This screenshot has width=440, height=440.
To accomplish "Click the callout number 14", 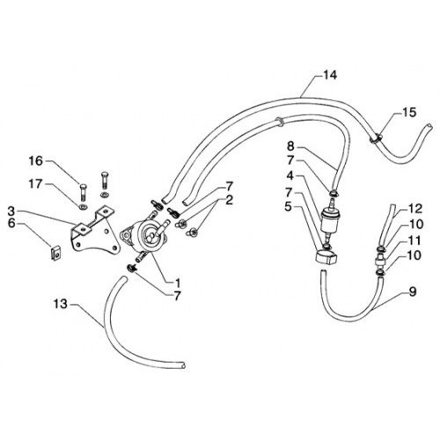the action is [330, 75].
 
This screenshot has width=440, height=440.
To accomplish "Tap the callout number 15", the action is [409, 112].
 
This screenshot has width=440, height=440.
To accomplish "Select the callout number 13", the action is [60, 304].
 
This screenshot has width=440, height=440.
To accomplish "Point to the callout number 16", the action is [35, 161].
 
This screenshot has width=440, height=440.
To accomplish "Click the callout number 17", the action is [35, 184].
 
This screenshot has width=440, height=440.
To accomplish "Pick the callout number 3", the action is [11, 210].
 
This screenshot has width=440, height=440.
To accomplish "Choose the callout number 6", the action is [11, 224].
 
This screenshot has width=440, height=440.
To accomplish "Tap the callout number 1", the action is [178, 283].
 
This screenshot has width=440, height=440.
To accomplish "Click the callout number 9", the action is [413, 291].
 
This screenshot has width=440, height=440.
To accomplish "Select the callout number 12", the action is [415, 209].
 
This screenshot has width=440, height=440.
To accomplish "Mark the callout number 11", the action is [414, 240].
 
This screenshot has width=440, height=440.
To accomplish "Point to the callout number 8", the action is [290, 146].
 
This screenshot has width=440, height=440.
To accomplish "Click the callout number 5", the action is [289, 207].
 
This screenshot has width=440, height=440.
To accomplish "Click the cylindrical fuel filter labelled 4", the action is [329, 220].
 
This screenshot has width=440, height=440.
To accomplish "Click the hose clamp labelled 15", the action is [375, 138].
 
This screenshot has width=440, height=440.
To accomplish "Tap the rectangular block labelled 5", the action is [326, 255].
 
